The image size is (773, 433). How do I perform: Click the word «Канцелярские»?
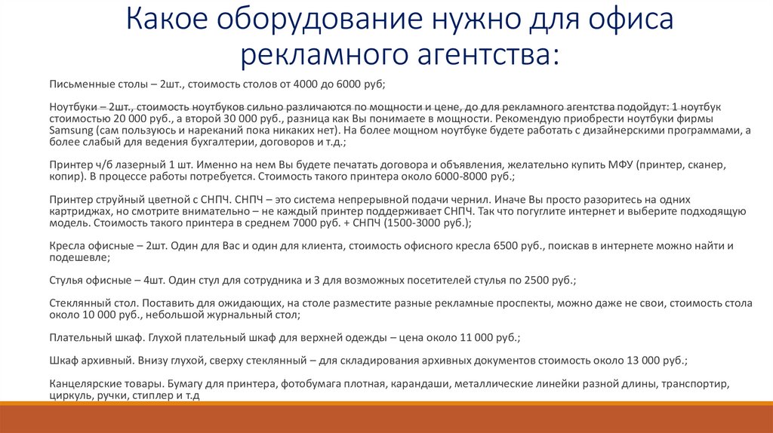(85, 384)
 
